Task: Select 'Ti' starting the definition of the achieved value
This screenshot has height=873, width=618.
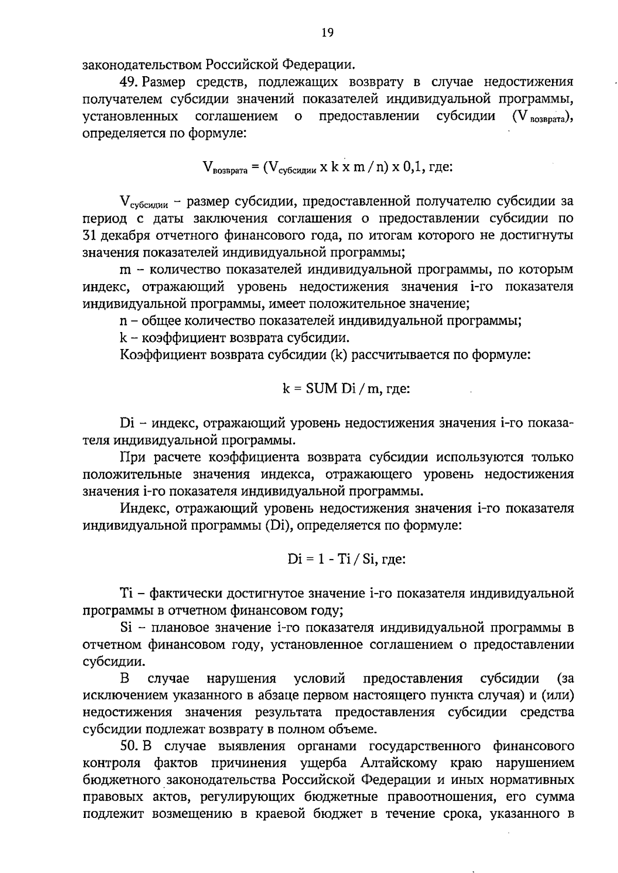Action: coord(127,593)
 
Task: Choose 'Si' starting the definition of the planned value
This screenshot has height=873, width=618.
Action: coord(126,627)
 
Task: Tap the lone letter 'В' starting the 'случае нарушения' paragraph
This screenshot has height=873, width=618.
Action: coord(124,678)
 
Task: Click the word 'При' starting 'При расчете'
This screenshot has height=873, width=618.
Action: coord(131,457)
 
